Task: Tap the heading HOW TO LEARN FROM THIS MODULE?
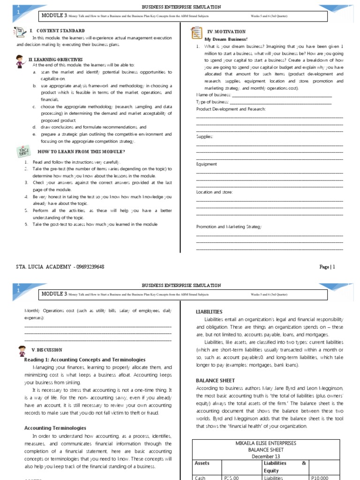(81, 152)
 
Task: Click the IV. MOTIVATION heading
(227, 31)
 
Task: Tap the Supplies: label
(205, 136)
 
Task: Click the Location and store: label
(214, 192)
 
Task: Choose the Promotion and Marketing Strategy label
(229, 227)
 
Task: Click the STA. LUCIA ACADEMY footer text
(60, 267)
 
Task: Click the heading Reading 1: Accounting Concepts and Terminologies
(84, 360)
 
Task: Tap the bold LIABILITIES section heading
(209, 312)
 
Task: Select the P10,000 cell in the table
(320, 478)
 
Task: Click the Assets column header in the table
(203, 463)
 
